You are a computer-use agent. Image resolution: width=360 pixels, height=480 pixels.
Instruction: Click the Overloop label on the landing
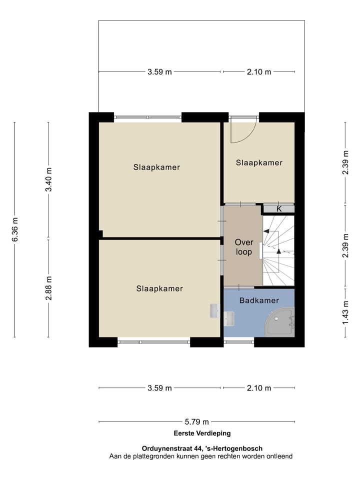pos(243,247)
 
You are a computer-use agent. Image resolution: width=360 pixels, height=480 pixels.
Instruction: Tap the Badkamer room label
pos(259,300)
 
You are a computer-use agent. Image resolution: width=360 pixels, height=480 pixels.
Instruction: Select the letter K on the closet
pos(279,209)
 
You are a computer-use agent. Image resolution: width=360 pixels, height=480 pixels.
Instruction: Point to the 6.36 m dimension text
pos(15,229)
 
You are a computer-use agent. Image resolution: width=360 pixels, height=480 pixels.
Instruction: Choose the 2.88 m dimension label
pos(48,288)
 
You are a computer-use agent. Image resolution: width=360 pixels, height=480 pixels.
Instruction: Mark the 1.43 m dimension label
pos(345,312)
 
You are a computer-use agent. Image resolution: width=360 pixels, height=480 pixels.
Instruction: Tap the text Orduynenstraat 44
pos(170,448)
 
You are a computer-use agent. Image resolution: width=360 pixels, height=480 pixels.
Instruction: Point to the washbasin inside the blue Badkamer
pos(229,318)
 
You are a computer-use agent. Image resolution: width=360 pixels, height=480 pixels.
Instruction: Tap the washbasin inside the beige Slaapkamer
pos(214,310)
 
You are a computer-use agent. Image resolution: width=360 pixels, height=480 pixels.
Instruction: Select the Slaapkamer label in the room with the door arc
pos(259,162)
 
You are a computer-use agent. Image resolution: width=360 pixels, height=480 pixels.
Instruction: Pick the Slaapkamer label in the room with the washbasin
pos(159,288)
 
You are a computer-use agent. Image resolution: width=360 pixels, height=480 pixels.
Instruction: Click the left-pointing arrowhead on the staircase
pos(266,231)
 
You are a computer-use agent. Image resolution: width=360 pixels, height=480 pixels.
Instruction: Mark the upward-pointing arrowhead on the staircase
pos(278,251)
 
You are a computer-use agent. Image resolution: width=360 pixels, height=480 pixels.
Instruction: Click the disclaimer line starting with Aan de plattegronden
pos(201,456)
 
